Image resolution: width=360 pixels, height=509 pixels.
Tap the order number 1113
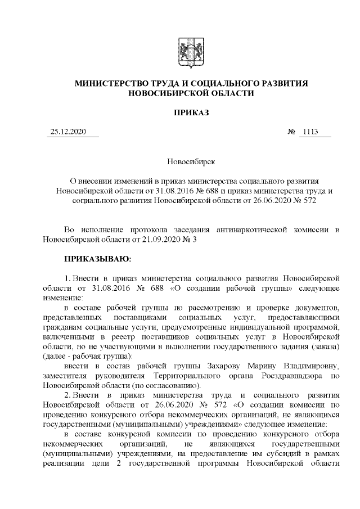(310, 133)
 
